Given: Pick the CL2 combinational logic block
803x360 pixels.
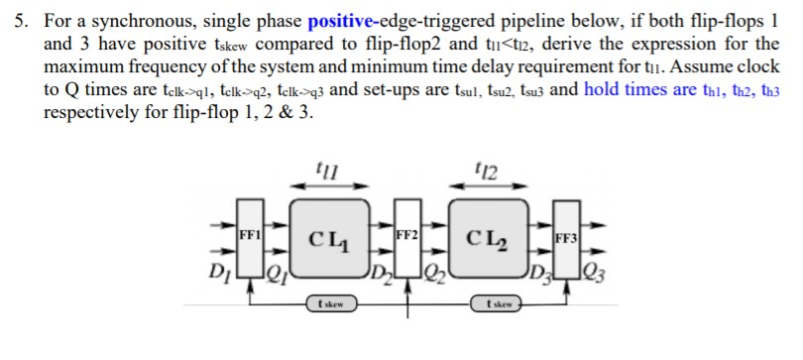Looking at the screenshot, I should (488, 239).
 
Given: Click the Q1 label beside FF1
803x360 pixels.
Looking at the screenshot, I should (281, 269).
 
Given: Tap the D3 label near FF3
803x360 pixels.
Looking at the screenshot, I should (538, 268).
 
